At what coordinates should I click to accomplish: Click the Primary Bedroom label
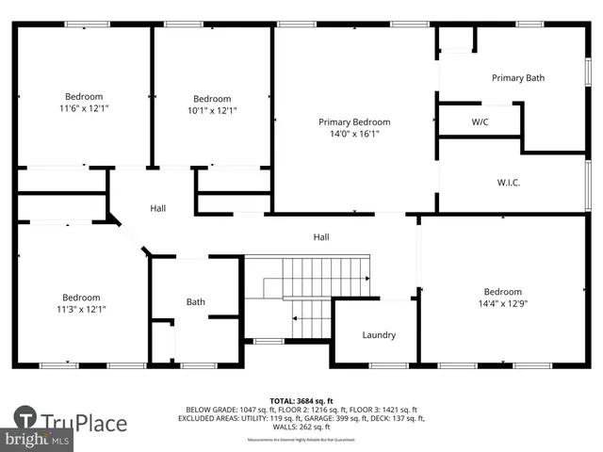[353, 121]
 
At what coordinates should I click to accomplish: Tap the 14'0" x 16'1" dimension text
[353, 134]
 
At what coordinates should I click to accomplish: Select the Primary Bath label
[517, 78]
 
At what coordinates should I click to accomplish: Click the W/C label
[480, 122]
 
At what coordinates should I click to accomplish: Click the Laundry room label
[379, 334]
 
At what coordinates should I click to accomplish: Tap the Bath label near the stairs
[195, 302]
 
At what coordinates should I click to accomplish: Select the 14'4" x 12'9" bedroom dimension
[502, 303]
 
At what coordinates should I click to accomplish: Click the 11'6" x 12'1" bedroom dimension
[84, 109]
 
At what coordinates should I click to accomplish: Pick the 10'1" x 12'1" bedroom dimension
[212, 110]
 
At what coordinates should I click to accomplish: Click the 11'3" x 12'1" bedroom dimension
[81, 309]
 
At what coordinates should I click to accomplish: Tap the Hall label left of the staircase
[158, 208]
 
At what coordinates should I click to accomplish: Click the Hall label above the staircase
[321, 237]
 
